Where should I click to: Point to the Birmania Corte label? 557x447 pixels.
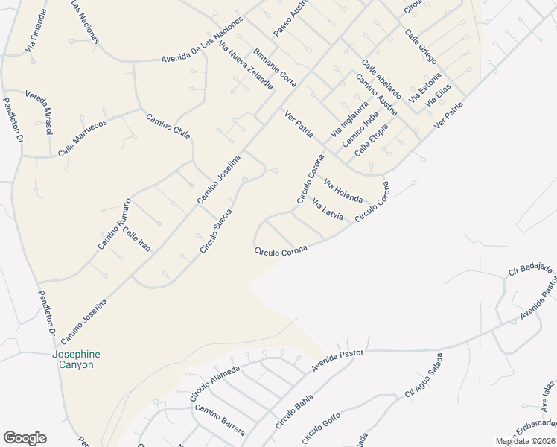coord(275,68)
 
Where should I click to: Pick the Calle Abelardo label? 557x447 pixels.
coord(381,80)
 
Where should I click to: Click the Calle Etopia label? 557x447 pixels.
coord(372,139)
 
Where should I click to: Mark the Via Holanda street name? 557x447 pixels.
coord(343,191)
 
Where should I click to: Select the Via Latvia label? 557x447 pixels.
coord(328,209)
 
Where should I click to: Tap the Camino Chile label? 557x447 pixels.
coord(168,127)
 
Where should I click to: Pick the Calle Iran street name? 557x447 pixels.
coord(136,238)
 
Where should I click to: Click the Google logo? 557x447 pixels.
coord(25,438)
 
